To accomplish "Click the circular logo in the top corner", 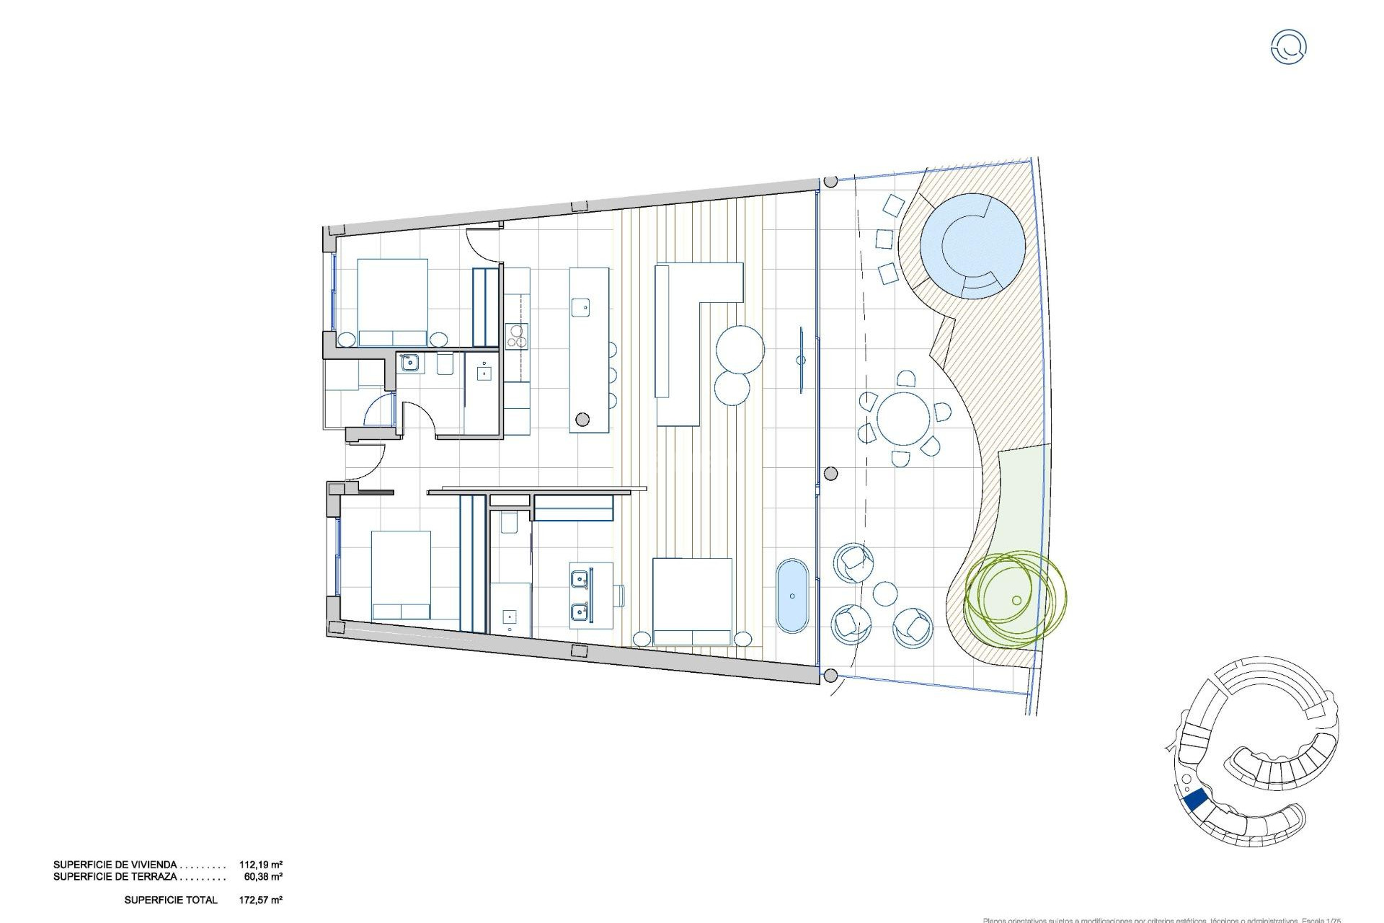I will (1288, 47).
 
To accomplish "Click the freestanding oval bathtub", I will (792, 595).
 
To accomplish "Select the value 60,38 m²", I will (263, 877).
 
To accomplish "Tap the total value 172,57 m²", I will (260, 900).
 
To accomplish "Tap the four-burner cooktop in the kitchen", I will (517, 335).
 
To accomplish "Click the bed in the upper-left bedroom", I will (392, 302).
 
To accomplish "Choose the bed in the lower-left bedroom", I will (401, 575).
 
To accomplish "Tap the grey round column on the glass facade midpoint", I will (830, 474).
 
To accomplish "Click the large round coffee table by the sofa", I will (740, 350).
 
